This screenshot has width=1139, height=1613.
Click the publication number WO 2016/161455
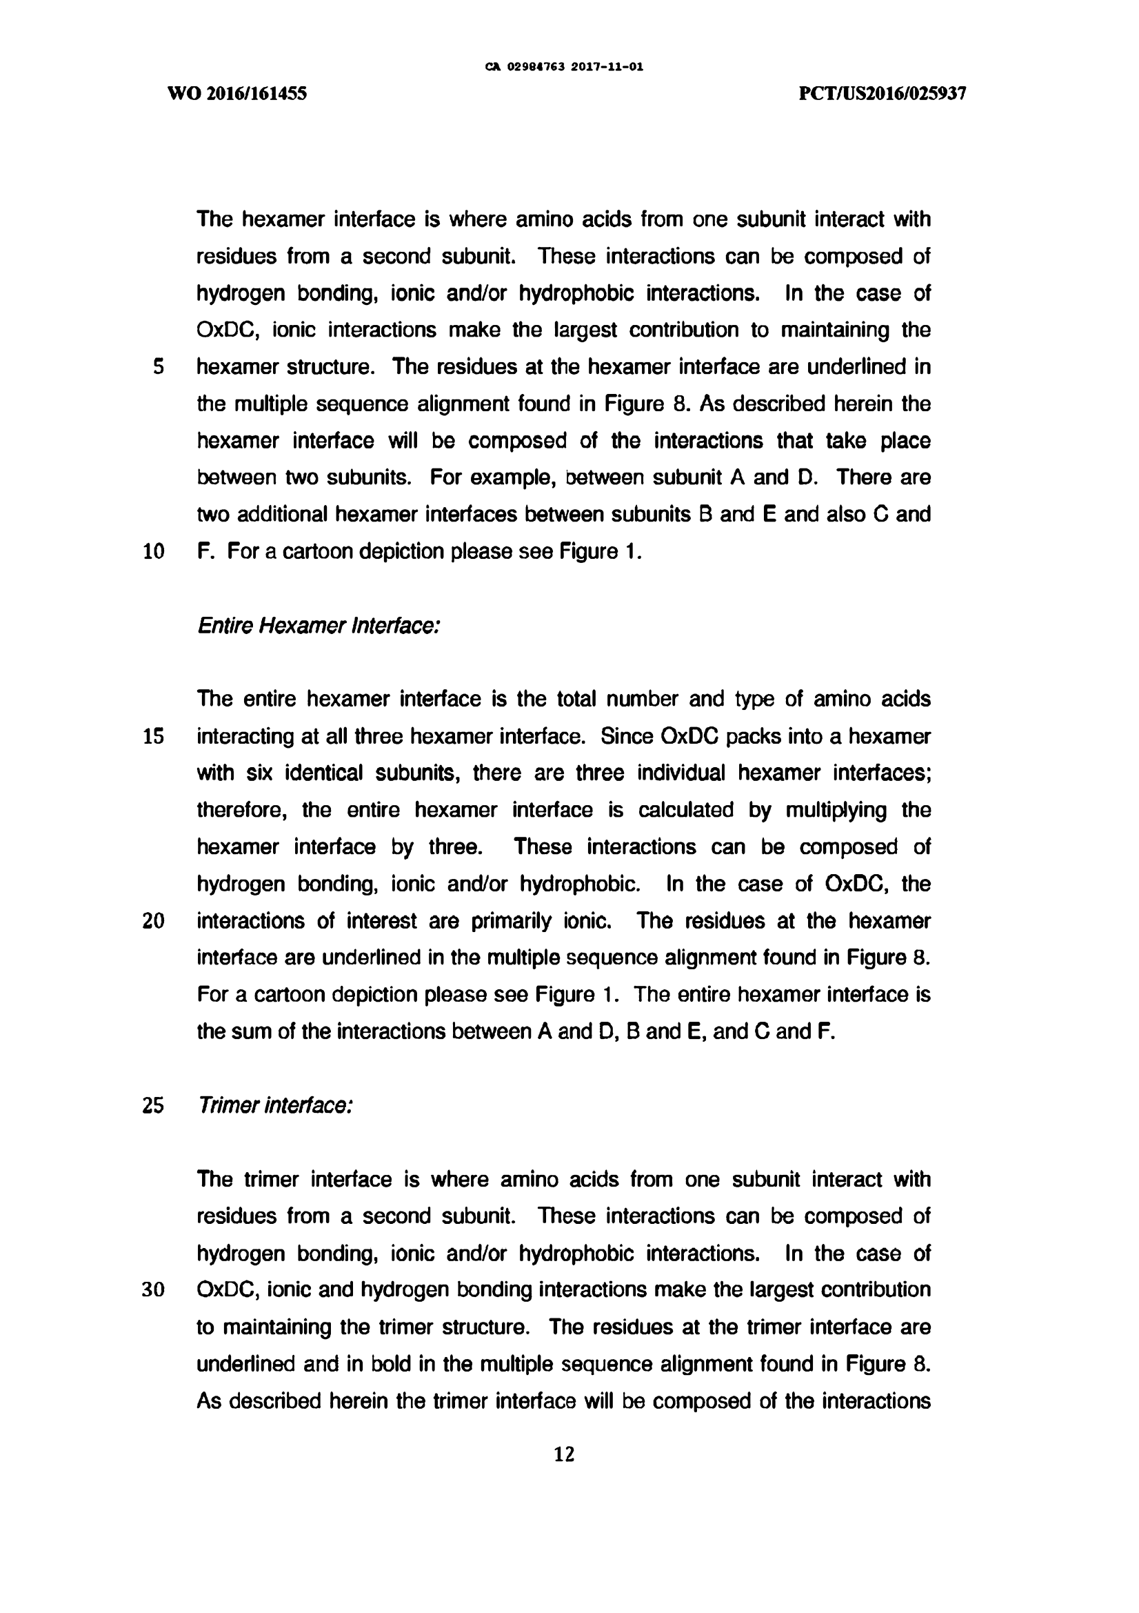pos(236,93)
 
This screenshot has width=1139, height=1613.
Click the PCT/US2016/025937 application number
pos(883,93)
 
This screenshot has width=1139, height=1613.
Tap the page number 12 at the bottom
pos(565,1454)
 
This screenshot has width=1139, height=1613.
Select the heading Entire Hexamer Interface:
pos(318,625)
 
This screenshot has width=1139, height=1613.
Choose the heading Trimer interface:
pos(274,1105)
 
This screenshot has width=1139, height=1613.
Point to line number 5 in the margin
pos(158,367)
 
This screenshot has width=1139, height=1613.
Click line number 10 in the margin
pos(154,551)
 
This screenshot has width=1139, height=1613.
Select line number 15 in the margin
pos(154,736)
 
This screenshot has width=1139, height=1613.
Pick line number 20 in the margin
pos(154,920)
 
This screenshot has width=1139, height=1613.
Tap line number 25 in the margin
pos(154,1105)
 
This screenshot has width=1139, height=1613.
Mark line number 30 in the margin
pos(154,1290)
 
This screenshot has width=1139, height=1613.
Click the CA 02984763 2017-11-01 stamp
pos(565,68)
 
